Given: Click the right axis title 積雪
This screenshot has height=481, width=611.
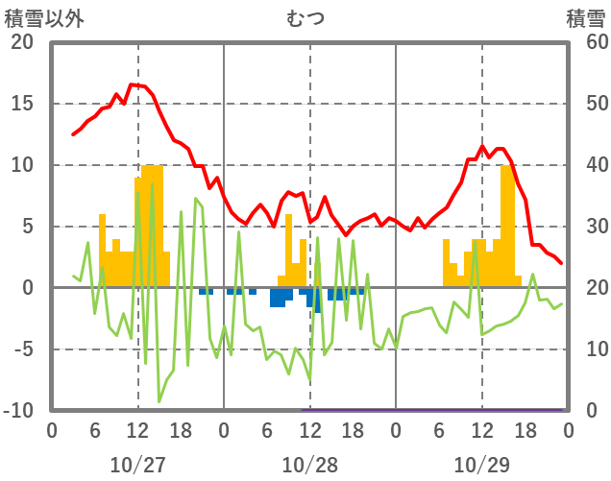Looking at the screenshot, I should point(585,18).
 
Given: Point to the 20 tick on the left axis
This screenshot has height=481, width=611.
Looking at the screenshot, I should point(22,42).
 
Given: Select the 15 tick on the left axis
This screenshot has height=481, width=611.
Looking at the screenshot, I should point(22,104).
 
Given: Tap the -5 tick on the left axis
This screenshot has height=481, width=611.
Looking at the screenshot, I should point(22,349).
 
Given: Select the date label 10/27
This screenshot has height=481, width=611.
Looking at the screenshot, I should point(137,465).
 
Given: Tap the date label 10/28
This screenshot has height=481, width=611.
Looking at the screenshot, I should point(309,465).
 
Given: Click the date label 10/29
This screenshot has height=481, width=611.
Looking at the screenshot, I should point(481,465).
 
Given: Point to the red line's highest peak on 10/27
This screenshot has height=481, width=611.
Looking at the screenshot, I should point(134,84).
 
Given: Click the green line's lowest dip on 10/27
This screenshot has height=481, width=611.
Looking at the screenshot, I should point(159,401).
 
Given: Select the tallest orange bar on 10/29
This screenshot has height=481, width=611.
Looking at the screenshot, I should point(506,226).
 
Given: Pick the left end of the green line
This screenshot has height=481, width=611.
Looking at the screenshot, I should point(73,276).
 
